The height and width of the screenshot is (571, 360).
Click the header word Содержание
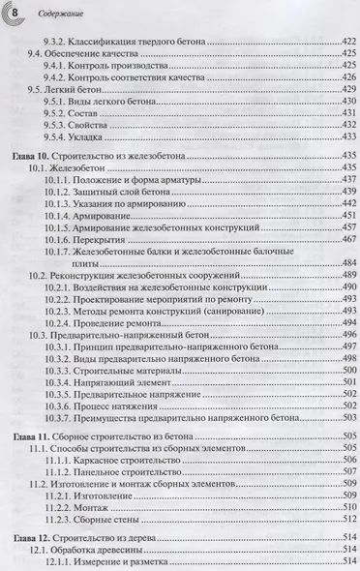point(45,14)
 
